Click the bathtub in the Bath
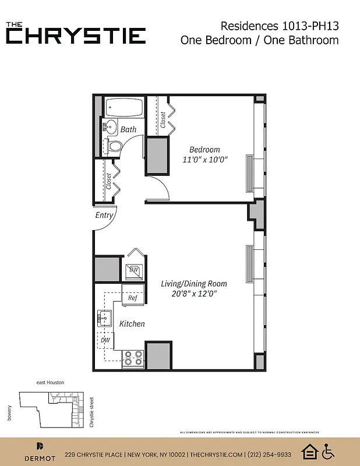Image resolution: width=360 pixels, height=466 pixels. click(123, 108)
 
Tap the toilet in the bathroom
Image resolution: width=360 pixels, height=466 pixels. click(115, 146)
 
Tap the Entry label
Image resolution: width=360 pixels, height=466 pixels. click(104, 216)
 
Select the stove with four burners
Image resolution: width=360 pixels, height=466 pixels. click(133, 358)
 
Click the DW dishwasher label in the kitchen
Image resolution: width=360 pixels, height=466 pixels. click(105, 340)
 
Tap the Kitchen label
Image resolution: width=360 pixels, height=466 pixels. click(132, 324)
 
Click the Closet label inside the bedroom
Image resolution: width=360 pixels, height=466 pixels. click(163, 120)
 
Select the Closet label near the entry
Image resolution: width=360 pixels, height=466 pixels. click(109, 181)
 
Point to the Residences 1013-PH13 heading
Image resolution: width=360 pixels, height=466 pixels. click(280, 26)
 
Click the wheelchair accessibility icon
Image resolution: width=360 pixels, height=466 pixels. click(328, 451)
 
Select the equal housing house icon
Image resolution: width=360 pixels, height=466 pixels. click(309, 451)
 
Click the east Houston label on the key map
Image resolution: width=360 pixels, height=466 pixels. click(50, 382)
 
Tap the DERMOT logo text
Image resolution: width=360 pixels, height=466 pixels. click(40, 458)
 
